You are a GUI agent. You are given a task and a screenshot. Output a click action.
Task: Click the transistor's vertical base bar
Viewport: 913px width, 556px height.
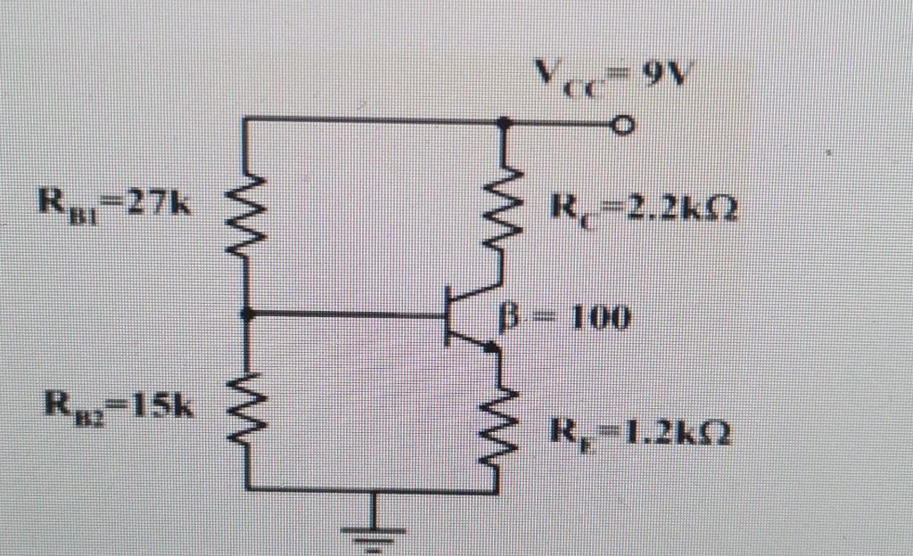pyautogui.click(x=448, y=316)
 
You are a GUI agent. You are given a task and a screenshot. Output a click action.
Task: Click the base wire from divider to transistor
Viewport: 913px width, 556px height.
pyautogui.click(x=348, y=315)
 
